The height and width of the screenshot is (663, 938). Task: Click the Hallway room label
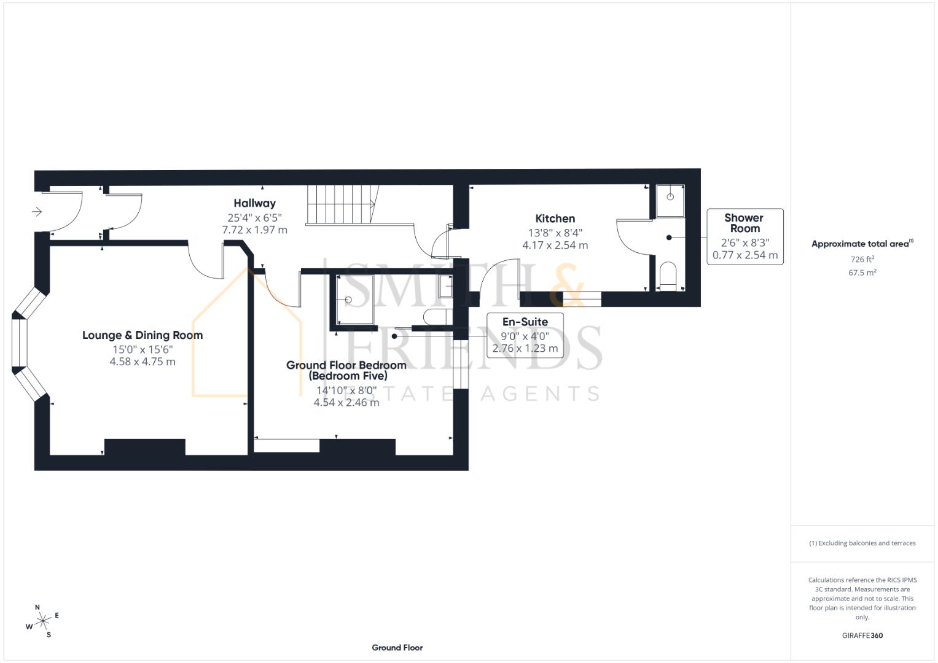tap(254, 203)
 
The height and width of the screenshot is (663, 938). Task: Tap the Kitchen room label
tap(555, 219)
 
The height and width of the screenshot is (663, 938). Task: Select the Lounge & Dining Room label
tap(143, 335)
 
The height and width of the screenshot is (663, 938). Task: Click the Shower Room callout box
tap(745, 236)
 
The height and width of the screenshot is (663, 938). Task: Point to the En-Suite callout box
tap(525, 335)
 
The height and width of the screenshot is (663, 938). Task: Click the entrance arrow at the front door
tap(37, 212)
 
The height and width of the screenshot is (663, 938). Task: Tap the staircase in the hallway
tap(343, 204)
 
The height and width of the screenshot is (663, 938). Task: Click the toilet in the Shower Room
tap(668, 276)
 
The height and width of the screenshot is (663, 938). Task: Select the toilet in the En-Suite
tap(438, 317)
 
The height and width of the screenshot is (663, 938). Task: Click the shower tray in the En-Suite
tap(354, 300)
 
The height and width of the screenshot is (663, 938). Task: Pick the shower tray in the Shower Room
tap(670, 201)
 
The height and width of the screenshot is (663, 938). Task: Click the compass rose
tap(43, 621)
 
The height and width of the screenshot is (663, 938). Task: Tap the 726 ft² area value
tap(862, 260)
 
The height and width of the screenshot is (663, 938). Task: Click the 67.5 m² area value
tap(862, 273)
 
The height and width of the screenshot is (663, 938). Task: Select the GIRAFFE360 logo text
tap(862, 635)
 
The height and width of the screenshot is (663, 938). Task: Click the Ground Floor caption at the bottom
tap(397, 648)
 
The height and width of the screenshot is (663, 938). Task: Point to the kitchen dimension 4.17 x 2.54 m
tap(555, 246)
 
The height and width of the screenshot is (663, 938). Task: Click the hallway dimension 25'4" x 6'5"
tap(254, 218)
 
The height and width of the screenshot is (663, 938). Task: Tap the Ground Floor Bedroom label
tap(346, 370)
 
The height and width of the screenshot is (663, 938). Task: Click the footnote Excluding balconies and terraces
tap(862, 543)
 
